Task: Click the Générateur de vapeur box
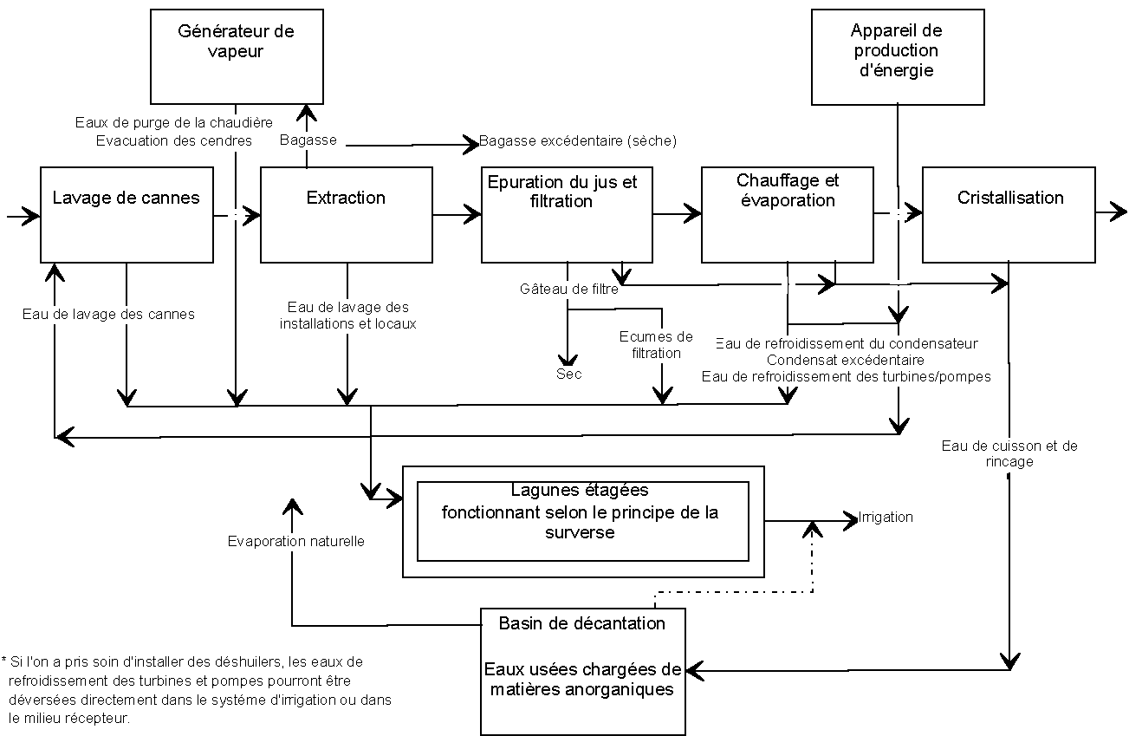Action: pos(237,56)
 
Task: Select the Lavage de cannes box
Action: pos(127,214)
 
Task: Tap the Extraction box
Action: pos(346,214)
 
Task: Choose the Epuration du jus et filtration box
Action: pos(567,214)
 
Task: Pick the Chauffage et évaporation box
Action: pos(787,214)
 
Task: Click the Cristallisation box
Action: pos(1009,214)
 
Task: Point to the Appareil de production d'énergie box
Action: pos(898,56)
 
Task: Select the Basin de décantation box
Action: pos(583,671)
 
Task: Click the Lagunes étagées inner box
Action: pos(583,521)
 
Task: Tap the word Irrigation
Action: pos(886,517)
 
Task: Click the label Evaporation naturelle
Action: pos(296,541)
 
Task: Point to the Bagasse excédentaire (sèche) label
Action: pos(578,140)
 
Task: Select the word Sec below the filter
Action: pos(569,374)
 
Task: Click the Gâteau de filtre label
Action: pos(569,289)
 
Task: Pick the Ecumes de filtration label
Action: pos(656,344)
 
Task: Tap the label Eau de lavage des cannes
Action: pos(108,314)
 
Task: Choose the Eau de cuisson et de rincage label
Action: pos(1009,453)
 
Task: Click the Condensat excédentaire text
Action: pos(846,359)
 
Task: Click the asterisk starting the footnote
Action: pos(4,661)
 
